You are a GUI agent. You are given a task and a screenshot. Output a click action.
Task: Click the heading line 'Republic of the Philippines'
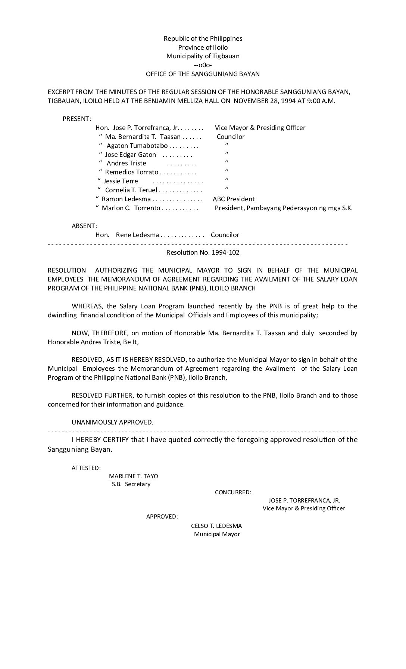tap(203, 38)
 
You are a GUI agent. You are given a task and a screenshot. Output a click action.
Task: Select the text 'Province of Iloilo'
tap(203, 47)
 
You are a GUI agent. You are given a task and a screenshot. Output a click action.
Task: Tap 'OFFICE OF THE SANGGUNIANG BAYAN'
tap(203, 74)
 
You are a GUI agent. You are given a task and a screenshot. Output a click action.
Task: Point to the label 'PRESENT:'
tap(77, 119)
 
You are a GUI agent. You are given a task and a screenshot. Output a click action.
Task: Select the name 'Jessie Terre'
tap(121, 181)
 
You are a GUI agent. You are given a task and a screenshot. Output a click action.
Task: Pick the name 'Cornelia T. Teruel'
tap(131, 190)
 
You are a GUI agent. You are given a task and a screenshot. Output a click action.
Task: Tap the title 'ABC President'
tap(234, 199)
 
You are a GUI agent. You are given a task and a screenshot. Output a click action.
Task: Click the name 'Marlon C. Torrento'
tap(131, 208)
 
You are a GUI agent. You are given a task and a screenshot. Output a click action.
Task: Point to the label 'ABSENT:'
tap(84, 226)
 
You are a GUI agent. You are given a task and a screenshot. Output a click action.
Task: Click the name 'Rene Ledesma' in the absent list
tap(137, 235)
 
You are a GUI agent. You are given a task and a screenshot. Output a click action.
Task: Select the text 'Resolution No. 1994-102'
tap(203, 252)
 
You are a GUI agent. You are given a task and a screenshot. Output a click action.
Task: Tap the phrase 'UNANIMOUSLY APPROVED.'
tap(112, 422)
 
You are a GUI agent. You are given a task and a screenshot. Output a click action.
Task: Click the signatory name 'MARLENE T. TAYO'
tap(134, 476)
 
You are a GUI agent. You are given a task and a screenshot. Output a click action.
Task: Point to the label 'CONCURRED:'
tap(233, 492)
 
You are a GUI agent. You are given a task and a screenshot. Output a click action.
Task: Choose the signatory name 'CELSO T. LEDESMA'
tap(216, 526)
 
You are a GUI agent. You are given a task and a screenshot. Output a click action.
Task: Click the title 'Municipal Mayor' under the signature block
tap(217, 534)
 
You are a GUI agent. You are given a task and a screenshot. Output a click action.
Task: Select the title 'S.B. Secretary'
tap(131, 484)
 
